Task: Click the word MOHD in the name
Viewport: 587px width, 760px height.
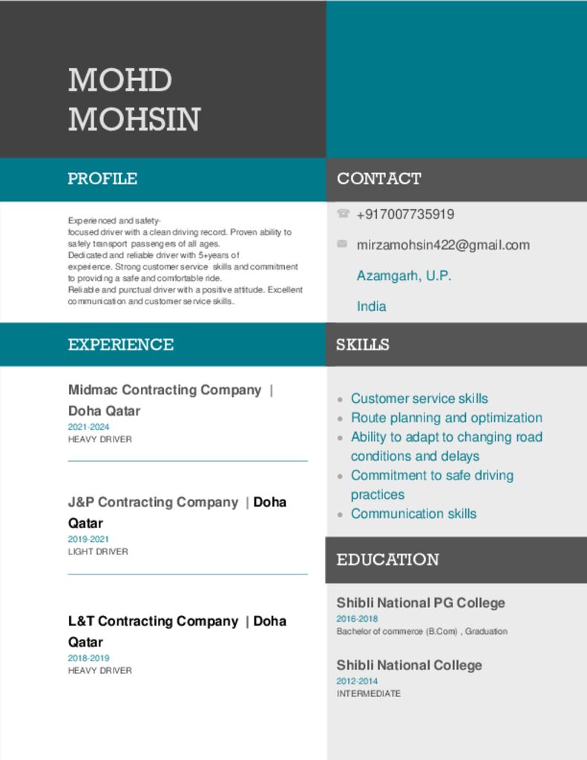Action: [x=119, y=80]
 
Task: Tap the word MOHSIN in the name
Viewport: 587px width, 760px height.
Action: [x=134, y=119]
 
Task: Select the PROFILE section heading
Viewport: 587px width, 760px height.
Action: [x=102, y=179]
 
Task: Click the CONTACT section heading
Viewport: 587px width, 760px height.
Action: [x=378, y=179]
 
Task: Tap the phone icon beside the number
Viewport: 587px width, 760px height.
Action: [x=343, y=214]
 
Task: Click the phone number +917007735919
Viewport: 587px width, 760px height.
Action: [x=405, y=214]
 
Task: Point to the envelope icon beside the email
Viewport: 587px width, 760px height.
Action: [x=342, y=243]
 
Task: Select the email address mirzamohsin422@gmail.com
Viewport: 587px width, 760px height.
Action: [x=443, y=245]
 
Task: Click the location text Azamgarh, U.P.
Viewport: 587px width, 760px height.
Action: [x=404, y=276]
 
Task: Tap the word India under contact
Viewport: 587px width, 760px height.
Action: [x=371, y=307]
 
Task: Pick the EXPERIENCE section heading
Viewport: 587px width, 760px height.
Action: [x=120, y=344]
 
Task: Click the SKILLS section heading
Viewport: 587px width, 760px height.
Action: [x=362, y=344]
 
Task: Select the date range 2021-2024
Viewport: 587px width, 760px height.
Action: [x=88, y=427]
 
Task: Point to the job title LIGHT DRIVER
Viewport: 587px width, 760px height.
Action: [x=98, y=551]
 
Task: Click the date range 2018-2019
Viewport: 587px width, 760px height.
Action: [x=88, y=658]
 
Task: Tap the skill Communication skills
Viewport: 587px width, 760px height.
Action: [x=413, y=514]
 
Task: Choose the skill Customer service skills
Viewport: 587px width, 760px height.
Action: [x=419, y=399]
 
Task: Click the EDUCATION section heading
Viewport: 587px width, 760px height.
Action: [x=387, y=560]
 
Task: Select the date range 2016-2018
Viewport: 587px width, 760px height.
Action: [x=357, y=619]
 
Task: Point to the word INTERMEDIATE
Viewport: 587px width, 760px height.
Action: [x=368, y=693]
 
